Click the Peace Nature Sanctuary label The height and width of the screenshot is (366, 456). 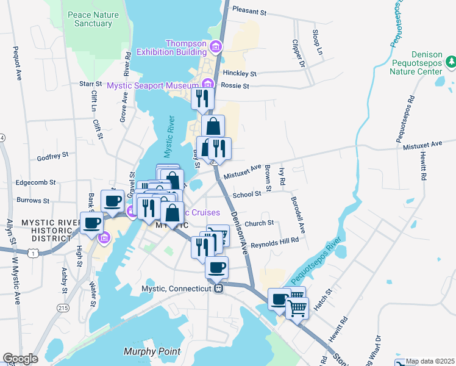93,18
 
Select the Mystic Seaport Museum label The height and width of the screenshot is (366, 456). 154,85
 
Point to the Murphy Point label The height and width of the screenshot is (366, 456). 152,351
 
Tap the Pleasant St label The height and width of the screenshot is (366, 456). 250,11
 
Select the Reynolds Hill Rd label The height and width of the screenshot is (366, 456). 272,240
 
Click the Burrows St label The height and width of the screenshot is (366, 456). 33,200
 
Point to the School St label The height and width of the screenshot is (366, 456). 247,194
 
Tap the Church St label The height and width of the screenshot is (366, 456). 260,223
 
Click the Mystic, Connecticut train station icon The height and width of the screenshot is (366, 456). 218,288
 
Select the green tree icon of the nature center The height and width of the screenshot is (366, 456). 451,62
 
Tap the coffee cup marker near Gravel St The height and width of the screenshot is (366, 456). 112,200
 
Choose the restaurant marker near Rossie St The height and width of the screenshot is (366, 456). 202,98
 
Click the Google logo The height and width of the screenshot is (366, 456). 20,359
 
